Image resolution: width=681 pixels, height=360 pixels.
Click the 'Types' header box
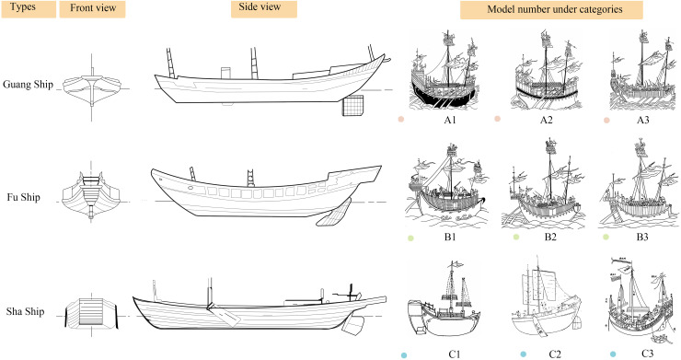(x=29, y=9)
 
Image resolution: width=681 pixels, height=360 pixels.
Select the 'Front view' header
(x=93, y=9)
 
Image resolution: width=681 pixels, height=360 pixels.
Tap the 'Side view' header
(x=263, y=9)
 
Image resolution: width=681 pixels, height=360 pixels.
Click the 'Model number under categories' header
(x=551, y=10)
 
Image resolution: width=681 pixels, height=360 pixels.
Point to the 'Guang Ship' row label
(x=28, y=85)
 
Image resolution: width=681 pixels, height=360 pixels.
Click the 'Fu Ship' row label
(x=23, y=197)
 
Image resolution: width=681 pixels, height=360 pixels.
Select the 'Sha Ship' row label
(x=25, y=312)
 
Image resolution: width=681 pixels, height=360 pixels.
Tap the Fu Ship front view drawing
(x=91, y=194)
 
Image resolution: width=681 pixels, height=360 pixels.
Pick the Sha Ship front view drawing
(x=91, y=312)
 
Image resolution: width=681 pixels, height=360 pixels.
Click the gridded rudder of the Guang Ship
(x=352, y=106)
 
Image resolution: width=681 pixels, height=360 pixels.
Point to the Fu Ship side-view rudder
(x=334, y=214)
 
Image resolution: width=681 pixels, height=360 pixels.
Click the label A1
(x=450, y=120)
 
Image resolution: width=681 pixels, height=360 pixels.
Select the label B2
(x=550, y=237)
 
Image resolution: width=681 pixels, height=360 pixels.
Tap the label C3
(x=647, y=353)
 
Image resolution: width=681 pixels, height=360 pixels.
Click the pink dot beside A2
(x=498, y=119)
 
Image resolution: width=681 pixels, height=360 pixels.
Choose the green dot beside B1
(x=410, y=238)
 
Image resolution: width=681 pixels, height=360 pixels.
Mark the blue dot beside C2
(x=524, y=354)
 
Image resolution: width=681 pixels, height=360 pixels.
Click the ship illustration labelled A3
(x=642, y=72)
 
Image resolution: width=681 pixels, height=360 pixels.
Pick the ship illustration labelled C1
(x=444, y=299)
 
